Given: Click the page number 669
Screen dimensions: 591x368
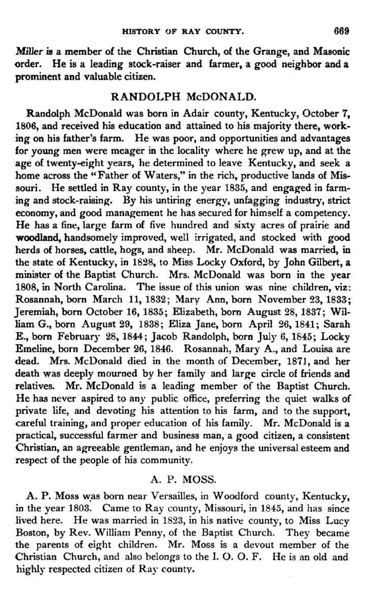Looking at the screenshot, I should click(x=341, y=31).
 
